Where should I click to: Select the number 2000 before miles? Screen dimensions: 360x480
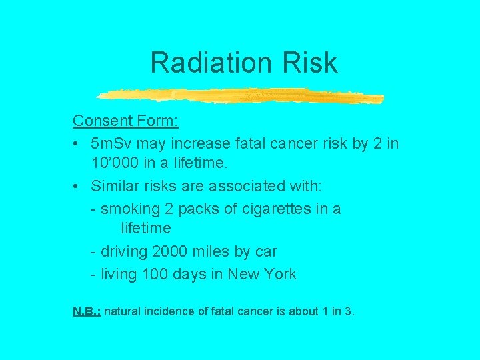coord(171,252)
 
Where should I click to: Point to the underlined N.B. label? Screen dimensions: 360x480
coord(86,311)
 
